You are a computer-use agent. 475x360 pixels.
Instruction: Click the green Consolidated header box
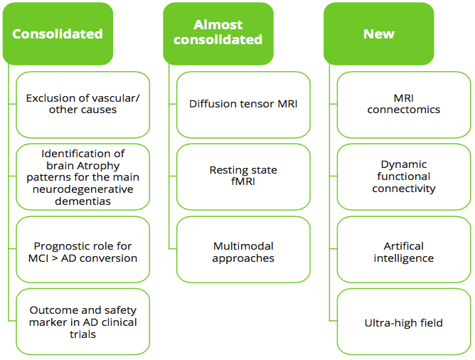point(58,33)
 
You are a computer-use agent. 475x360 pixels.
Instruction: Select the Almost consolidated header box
point(218,33)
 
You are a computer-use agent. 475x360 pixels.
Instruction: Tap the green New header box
point(379,33)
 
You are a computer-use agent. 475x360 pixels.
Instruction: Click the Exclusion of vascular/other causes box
point(82,105)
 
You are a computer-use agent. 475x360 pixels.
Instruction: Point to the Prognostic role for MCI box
point(82,250)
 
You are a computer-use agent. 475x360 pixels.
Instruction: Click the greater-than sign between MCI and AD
point(55,258)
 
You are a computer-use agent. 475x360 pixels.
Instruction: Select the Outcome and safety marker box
point(82,322)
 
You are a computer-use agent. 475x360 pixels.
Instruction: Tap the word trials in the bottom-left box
point(82,334)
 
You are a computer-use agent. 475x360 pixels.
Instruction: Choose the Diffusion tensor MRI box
point(243,105)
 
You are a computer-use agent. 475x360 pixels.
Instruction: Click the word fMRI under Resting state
point(243,181)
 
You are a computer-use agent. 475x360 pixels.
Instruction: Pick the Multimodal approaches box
point(243,250)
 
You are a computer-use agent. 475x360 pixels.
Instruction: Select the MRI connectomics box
point(404,105)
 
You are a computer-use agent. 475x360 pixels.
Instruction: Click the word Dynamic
point(404,165)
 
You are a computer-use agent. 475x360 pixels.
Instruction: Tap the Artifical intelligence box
point(404,250)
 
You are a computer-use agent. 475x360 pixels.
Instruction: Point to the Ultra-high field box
point(404,322)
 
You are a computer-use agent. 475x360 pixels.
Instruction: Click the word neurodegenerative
point(82,189)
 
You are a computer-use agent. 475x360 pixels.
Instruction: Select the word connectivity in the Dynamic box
point(404,189)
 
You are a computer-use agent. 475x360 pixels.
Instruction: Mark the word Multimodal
point(243,246)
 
